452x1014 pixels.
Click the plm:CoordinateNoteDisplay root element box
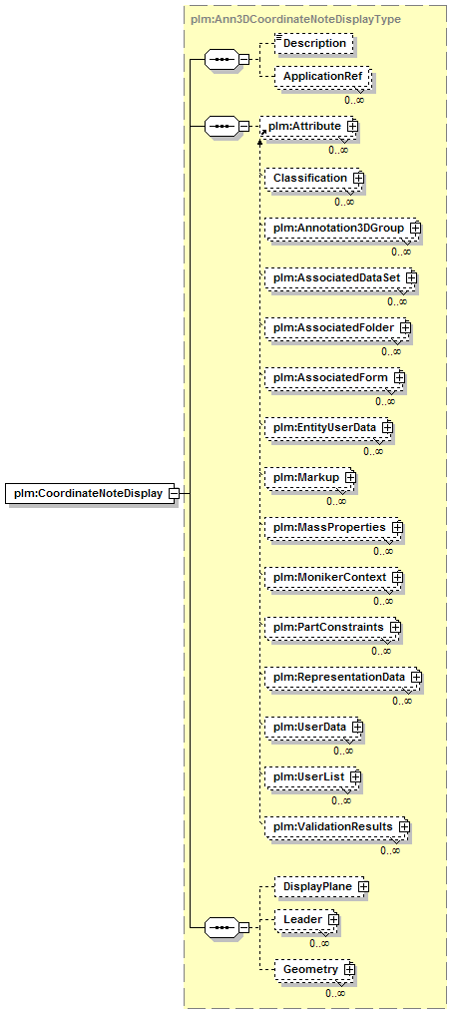pos(91,494)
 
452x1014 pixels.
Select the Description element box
pos(314,43)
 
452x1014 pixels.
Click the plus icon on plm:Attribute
pos(352,126)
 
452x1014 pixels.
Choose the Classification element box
pos(313,178)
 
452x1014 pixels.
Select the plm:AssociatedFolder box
pos(338,328)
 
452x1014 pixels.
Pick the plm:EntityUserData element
pos(329,427)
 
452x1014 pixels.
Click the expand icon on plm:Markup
pos(350,477)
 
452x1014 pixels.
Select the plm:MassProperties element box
pos(333,527)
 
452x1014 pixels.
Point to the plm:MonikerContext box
pos(334,576)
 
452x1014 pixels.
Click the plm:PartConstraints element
pos(333,627)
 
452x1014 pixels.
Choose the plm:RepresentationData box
pos(343,677)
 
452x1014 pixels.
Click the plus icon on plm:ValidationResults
pos(405,826)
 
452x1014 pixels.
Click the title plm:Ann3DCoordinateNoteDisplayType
pos(295,19)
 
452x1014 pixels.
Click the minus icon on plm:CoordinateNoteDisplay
pos(173,494)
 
